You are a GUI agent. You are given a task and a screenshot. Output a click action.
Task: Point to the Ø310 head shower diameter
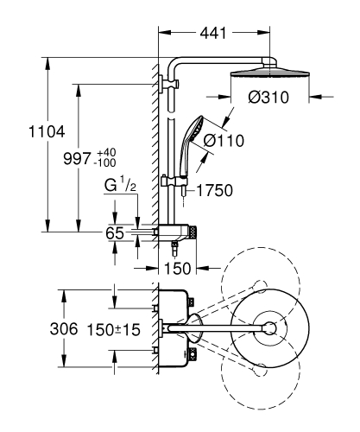[x=267, y=98]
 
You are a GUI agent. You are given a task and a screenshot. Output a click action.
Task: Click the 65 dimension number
[x=116, y=232]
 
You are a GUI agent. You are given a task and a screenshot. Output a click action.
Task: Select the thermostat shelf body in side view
[x=177, y=232]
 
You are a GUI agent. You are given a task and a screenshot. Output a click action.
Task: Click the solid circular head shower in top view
[x=269, y=328]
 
